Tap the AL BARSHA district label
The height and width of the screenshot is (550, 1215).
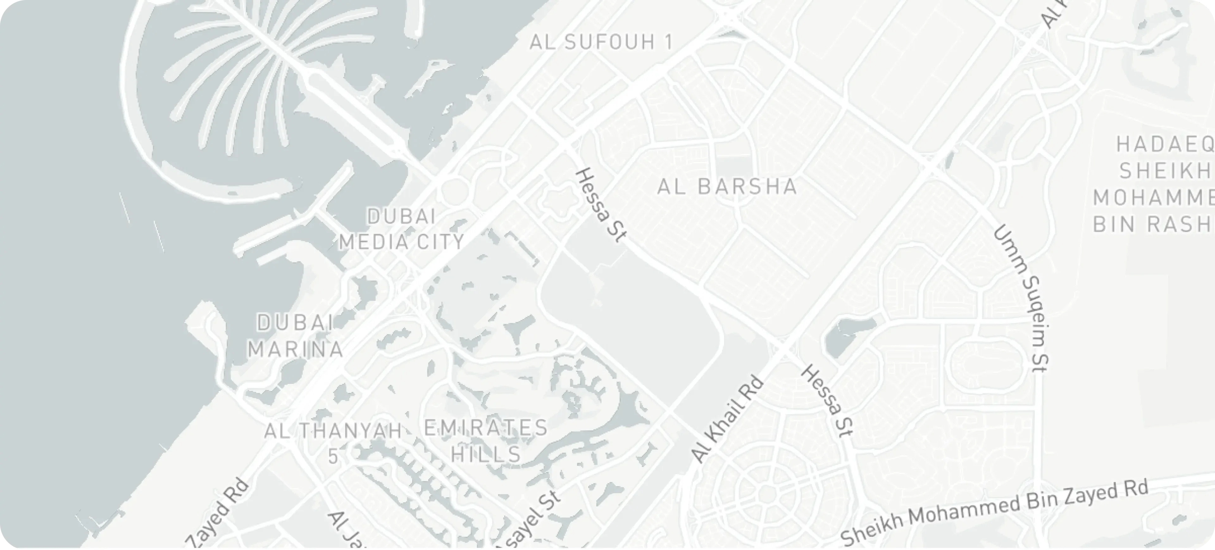pos(727,187)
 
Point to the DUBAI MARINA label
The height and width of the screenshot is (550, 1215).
pos(296,336)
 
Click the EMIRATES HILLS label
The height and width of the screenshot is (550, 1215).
pos(486,441)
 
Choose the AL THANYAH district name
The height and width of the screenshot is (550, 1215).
pos(333,431)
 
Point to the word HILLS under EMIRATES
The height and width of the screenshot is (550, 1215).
pos(486,454)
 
